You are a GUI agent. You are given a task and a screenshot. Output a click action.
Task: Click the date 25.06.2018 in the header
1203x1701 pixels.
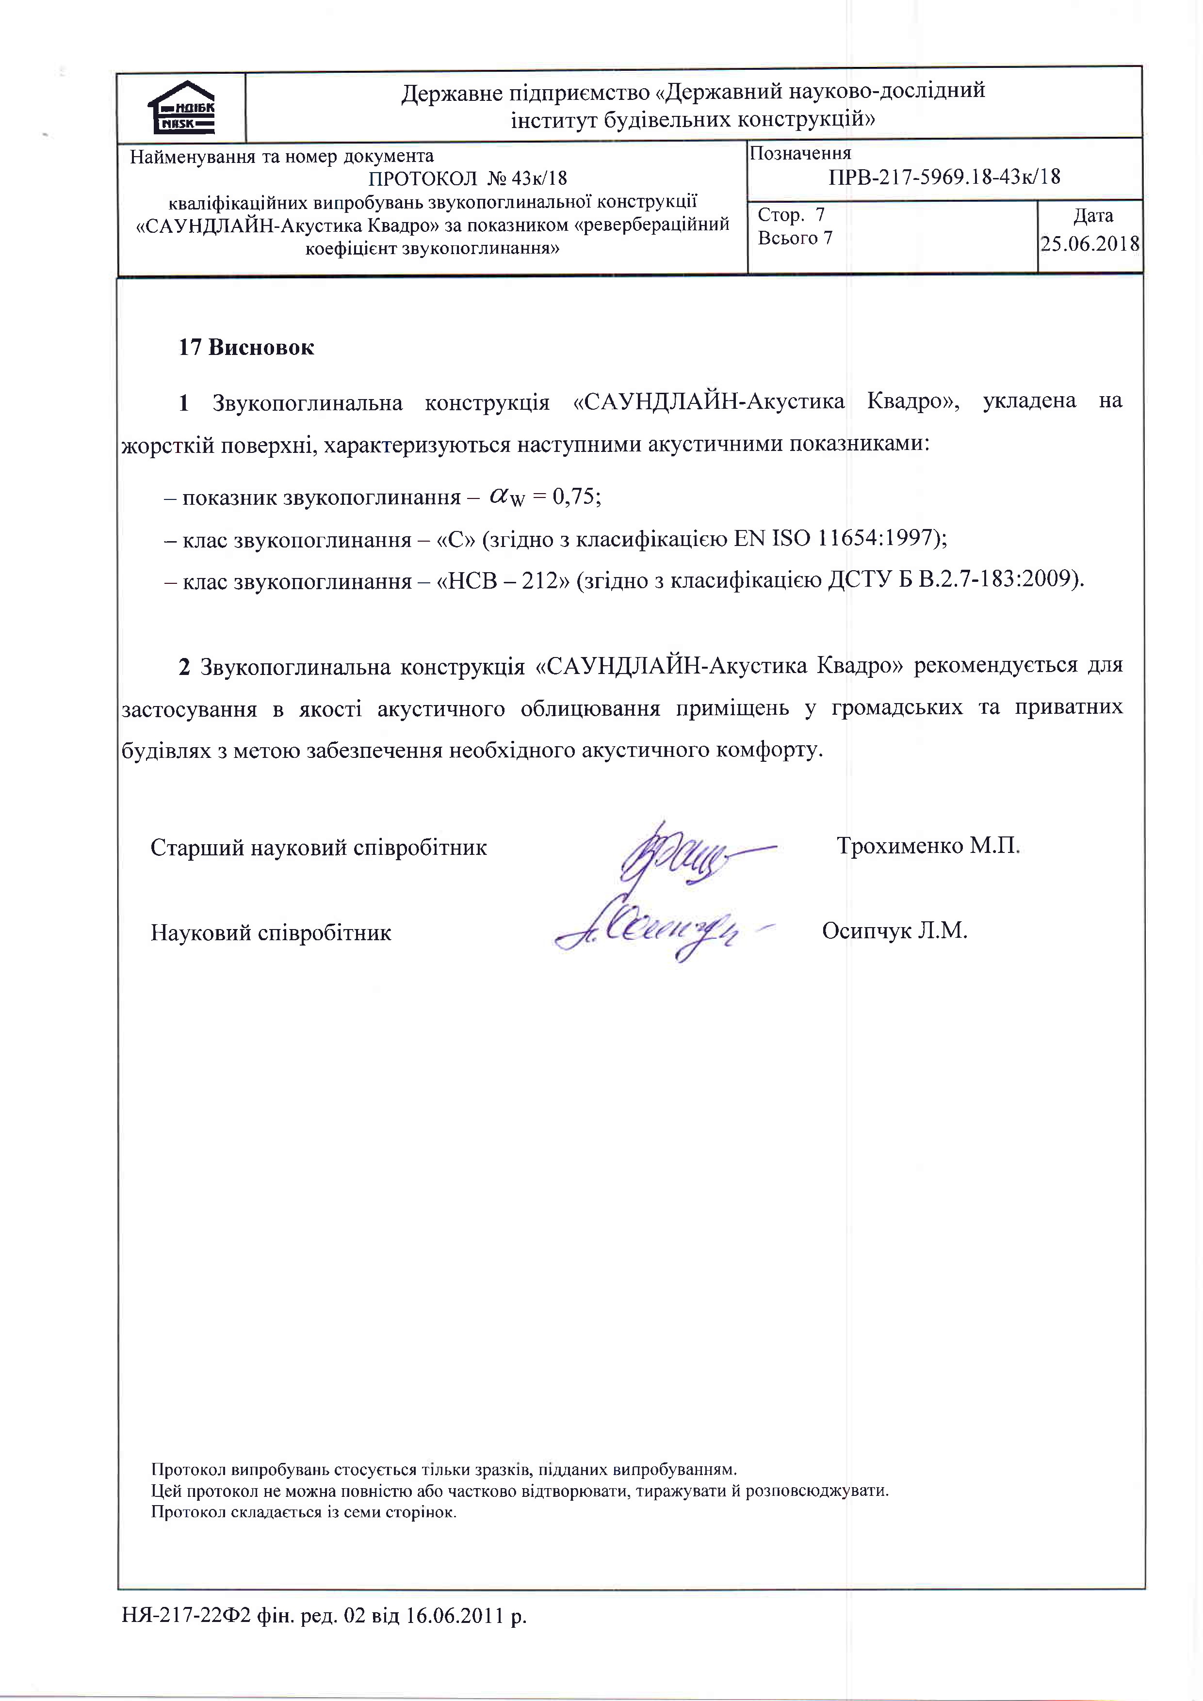1089,244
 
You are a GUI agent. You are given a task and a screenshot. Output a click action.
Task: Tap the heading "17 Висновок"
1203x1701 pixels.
246,348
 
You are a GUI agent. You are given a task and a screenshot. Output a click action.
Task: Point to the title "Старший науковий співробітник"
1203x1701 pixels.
319,848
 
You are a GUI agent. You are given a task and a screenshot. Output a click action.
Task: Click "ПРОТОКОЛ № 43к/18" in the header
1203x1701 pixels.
468,178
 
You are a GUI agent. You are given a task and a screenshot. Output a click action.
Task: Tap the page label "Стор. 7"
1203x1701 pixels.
791,216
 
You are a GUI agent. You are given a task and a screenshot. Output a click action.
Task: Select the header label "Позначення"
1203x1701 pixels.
800,153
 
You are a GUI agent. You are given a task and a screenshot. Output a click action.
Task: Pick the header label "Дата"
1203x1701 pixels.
1092,216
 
